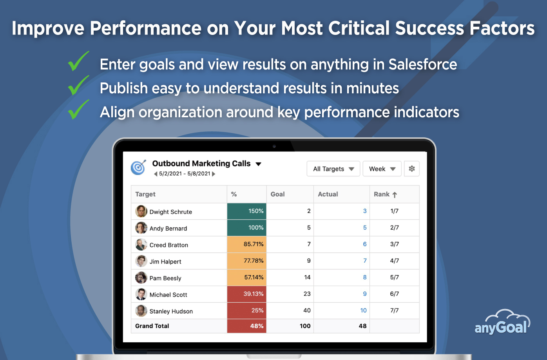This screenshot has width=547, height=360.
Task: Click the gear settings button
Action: pyautogui.click(x=412, y=169)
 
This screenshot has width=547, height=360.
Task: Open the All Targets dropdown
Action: pyautogui.click(x=333, y=169)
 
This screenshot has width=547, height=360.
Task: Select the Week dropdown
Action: pyautogui.click(x=382, y=169)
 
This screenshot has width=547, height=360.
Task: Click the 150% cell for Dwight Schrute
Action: pyautogui.click(x=246, y=211)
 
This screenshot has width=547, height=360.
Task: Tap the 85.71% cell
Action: pyautogui.click(x=246, y=244)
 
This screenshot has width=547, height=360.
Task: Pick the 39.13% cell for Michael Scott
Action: pyautogui.click(x=246, y=294)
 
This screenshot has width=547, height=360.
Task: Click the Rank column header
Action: pyautogui.click(x=385, y=194)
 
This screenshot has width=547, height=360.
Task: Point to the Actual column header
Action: pyautogui.click(x=328, y=194)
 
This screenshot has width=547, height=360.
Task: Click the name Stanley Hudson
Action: pyautogui.click(x=171, y=311)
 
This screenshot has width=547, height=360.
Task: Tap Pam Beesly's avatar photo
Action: pyautogui.click(x=141, y=278)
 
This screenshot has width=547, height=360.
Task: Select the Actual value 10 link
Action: pyautogui.click(x=363, y=310)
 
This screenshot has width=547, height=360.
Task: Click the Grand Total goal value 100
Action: pyautogui.click(x=305, y=326)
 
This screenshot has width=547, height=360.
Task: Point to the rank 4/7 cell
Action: pyautogui.click(x=394, y=261)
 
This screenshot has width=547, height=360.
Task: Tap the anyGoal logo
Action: pyautogui.click(x=502, y=322)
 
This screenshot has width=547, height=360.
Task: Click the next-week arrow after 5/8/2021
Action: pyautogui.click(x=214, y=174)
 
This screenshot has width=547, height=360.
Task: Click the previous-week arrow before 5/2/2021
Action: pyautogui.click(x=156, y=174)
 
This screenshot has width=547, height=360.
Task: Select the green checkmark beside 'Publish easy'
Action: pyautogui.click(x=78, y=85)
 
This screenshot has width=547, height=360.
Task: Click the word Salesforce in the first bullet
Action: pyautogui.click(x=423, y=65)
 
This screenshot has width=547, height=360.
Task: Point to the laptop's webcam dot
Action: pyautogui.click(x=274, y=146)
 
